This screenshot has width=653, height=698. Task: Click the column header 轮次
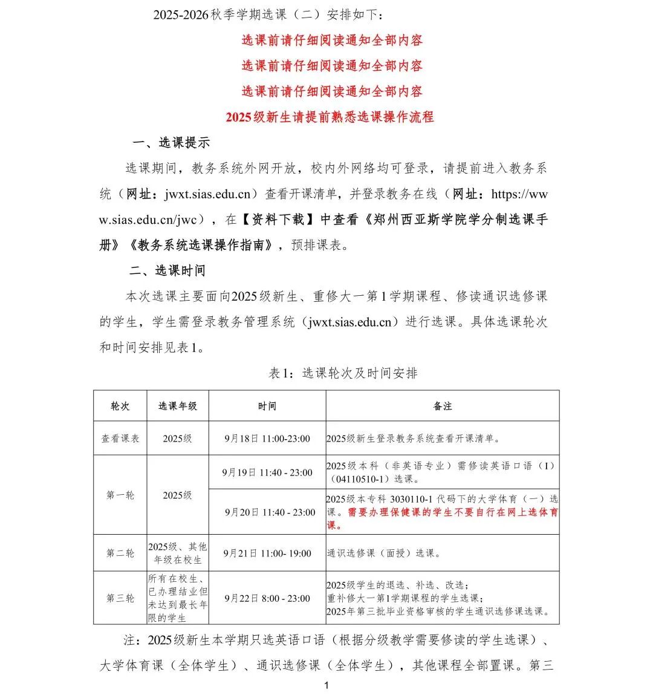[x=120, y=406]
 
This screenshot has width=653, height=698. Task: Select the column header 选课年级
[x=177, y=406]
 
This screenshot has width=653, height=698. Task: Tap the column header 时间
[x=267, y=406]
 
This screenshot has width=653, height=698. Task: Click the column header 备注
[x=442, y=406]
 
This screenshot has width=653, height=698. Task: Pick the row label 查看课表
[x=120, y=439]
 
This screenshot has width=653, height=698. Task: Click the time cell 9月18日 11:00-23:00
[x=267, y=439]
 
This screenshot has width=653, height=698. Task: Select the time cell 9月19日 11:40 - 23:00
[x=267, y=472]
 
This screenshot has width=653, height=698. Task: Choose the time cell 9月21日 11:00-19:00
[x=267, y=553]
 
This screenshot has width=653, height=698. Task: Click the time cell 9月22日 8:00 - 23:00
[x=267, y=598]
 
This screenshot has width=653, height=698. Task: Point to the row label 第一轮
[x=120, y=495]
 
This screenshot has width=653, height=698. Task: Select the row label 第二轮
[x=120, y=553]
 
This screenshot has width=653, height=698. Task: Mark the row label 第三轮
[x=120, y=598]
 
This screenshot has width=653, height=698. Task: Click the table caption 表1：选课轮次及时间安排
[x=343, y=373]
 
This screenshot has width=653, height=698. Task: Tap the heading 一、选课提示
[x=171, y=143]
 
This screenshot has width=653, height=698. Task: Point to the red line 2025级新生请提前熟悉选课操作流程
[x=330, y=117]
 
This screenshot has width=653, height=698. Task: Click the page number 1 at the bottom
[x=326, y=685]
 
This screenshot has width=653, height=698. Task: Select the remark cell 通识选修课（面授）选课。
[x=384, y=553]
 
